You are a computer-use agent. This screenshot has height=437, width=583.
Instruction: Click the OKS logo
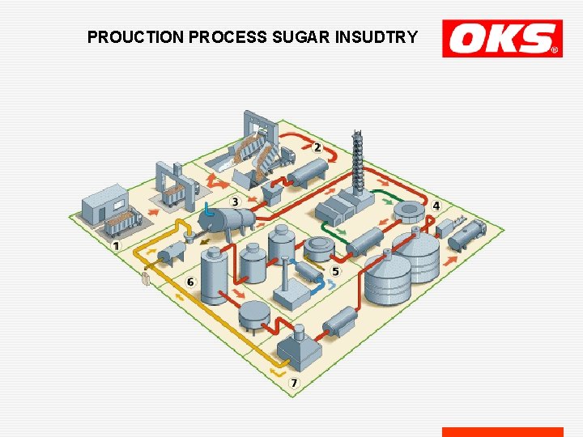pyautogui.click(x=502, y=39)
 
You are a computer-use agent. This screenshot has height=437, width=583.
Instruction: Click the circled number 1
pyautogui.click(x=116, y=245)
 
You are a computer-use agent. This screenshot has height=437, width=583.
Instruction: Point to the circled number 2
pyautogui.click(x=317, y=147)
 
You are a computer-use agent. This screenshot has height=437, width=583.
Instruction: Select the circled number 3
pyautogui.click(x=235, y=201)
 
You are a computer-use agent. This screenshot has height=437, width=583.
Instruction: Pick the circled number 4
pyautogui.click(x=436, y=206)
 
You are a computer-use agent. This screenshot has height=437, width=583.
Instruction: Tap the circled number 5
pyautogui.click(x=335, y=271)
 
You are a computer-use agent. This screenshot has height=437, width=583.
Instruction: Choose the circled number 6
pyautogui.click(x=190, y=282)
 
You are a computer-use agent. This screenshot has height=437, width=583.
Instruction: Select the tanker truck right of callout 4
pyautogui.click(x=466, y=234)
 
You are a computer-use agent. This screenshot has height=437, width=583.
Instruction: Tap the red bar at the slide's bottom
pyautogui.click(x=502, y=432)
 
